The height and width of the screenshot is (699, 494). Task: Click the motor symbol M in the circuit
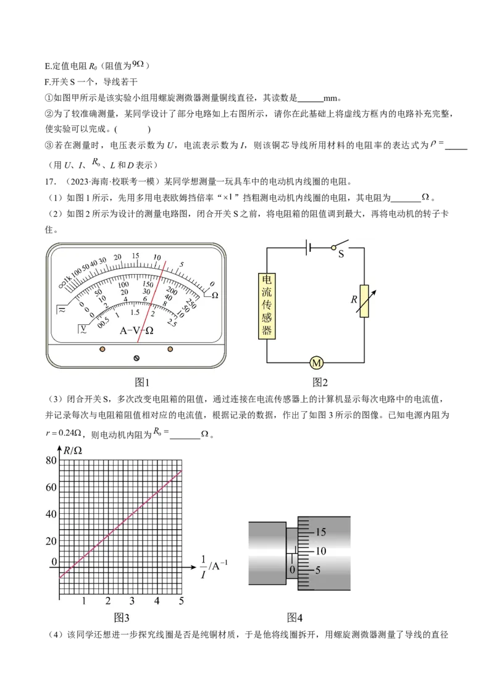[x=316, y=363]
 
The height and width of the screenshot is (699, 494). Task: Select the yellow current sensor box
[x=267, y=306]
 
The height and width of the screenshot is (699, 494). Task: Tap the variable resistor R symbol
[x=364, y=301]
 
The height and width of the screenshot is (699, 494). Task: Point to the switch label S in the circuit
[x=341, y=254]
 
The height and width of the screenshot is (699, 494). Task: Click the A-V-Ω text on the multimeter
[x=136, y=330]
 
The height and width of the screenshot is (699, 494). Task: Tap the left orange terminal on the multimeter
[x=102, y=349]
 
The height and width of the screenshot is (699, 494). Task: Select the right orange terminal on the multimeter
[x=170, y=349]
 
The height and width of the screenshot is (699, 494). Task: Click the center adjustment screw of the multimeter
[x=136, y=358]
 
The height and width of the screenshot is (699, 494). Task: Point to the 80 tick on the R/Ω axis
[x=51, y=460]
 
